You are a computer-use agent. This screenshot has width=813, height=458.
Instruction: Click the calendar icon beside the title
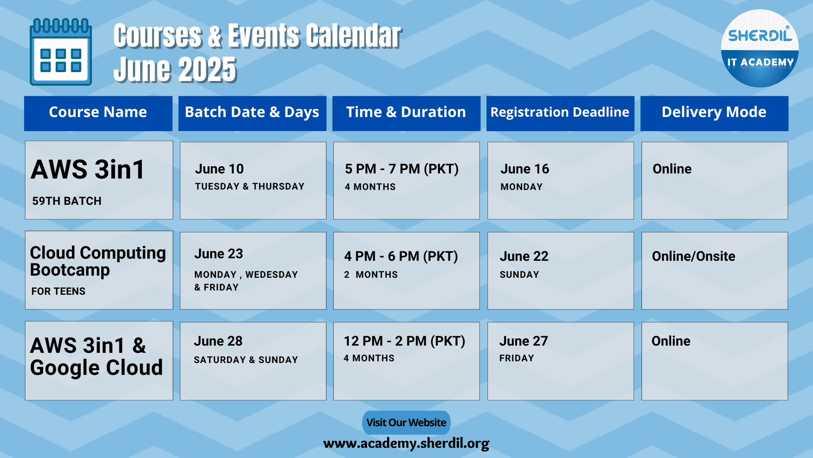(61, 52)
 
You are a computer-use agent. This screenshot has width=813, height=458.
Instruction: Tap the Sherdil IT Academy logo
(760, 48)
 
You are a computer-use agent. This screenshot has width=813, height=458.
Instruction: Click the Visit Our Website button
(406, 422)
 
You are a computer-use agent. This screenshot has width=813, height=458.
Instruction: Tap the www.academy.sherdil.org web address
(406, 444)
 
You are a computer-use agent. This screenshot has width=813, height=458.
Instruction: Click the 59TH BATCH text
(67, 201)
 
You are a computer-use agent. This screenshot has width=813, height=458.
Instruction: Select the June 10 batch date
(219, 169)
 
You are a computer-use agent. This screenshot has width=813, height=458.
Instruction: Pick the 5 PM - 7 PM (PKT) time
(402, 169)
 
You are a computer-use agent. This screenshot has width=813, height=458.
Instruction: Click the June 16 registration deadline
(525, 169)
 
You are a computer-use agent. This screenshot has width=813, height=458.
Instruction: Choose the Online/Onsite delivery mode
(694, 256)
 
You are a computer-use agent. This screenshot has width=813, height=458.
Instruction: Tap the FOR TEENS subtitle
(58, 291)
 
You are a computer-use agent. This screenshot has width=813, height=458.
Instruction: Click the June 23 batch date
(218, 254)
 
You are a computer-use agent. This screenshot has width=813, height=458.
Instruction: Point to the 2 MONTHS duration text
(371, 275)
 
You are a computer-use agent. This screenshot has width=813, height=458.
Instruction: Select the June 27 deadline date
(524, 341)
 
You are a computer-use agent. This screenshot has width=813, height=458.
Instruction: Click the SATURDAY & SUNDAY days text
(246, 360)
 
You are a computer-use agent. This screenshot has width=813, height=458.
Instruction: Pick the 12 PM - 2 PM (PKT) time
(405, 341)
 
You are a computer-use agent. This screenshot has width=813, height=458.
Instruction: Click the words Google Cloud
(97, 368)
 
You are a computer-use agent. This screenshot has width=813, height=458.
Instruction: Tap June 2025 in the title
(175, 69)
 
